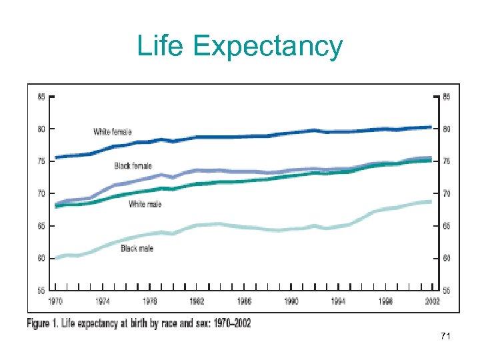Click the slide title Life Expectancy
click(240, 47)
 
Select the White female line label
click(113, 131)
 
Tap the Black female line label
click(133, 166)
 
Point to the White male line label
click(145, 204)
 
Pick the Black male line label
click(137, 248)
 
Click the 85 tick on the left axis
click(41, 97)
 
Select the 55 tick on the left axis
click(41, 291)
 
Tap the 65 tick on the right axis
click(447, 227)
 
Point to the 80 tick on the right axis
click(447, 129)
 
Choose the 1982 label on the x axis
click(197, 302)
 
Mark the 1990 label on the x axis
click(291, 302)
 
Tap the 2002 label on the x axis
click(433, 302)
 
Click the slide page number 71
click(446, 337)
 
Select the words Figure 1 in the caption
click(46, 323)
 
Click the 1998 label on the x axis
click(385, 302)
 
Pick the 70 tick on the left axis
click(41, 194)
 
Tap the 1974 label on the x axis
click(102, 302)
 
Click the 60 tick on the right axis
click(447, 259)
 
